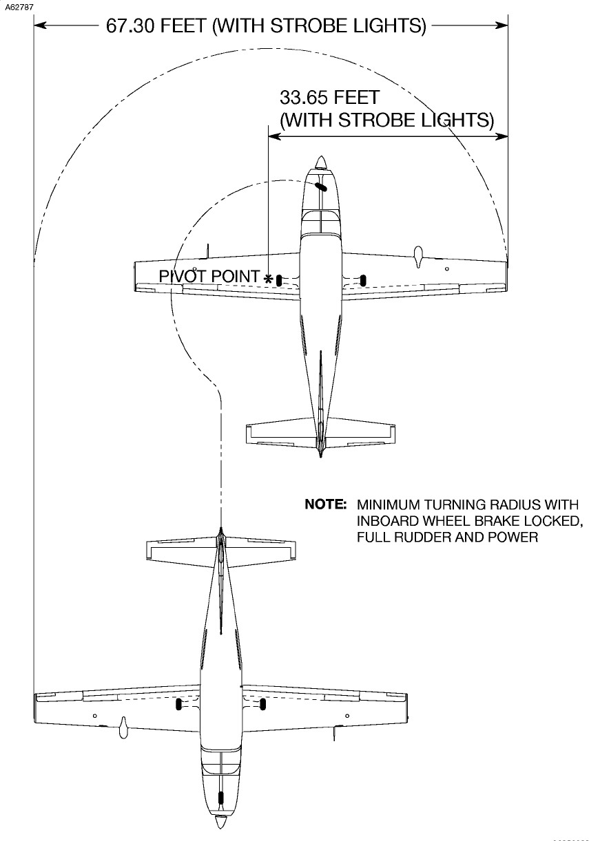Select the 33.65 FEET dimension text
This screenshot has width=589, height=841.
coord(329,96)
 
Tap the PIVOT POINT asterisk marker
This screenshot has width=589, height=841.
coord(268,277)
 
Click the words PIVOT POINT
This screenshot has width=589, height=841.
coord(209,276)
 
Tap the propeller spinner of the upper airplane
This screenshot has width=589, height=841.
coord(320,162)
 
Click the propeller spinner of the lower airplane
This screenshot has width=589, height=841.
coord(220,822)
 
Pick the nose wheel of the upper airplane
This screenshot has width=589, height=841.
coord(320,186)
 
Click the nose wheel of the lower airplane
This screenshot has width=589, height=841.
coord(220,798)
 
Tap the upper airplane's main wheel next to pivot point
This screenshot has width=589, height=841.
coord(279,279)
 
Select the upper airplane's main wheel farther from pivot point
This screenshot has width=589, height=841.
coord(363,279)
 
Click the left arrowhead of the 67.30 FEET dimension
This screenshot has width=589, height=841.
coord(39,26)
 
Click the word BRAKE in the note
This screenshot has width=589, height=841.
coord(495,521)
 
